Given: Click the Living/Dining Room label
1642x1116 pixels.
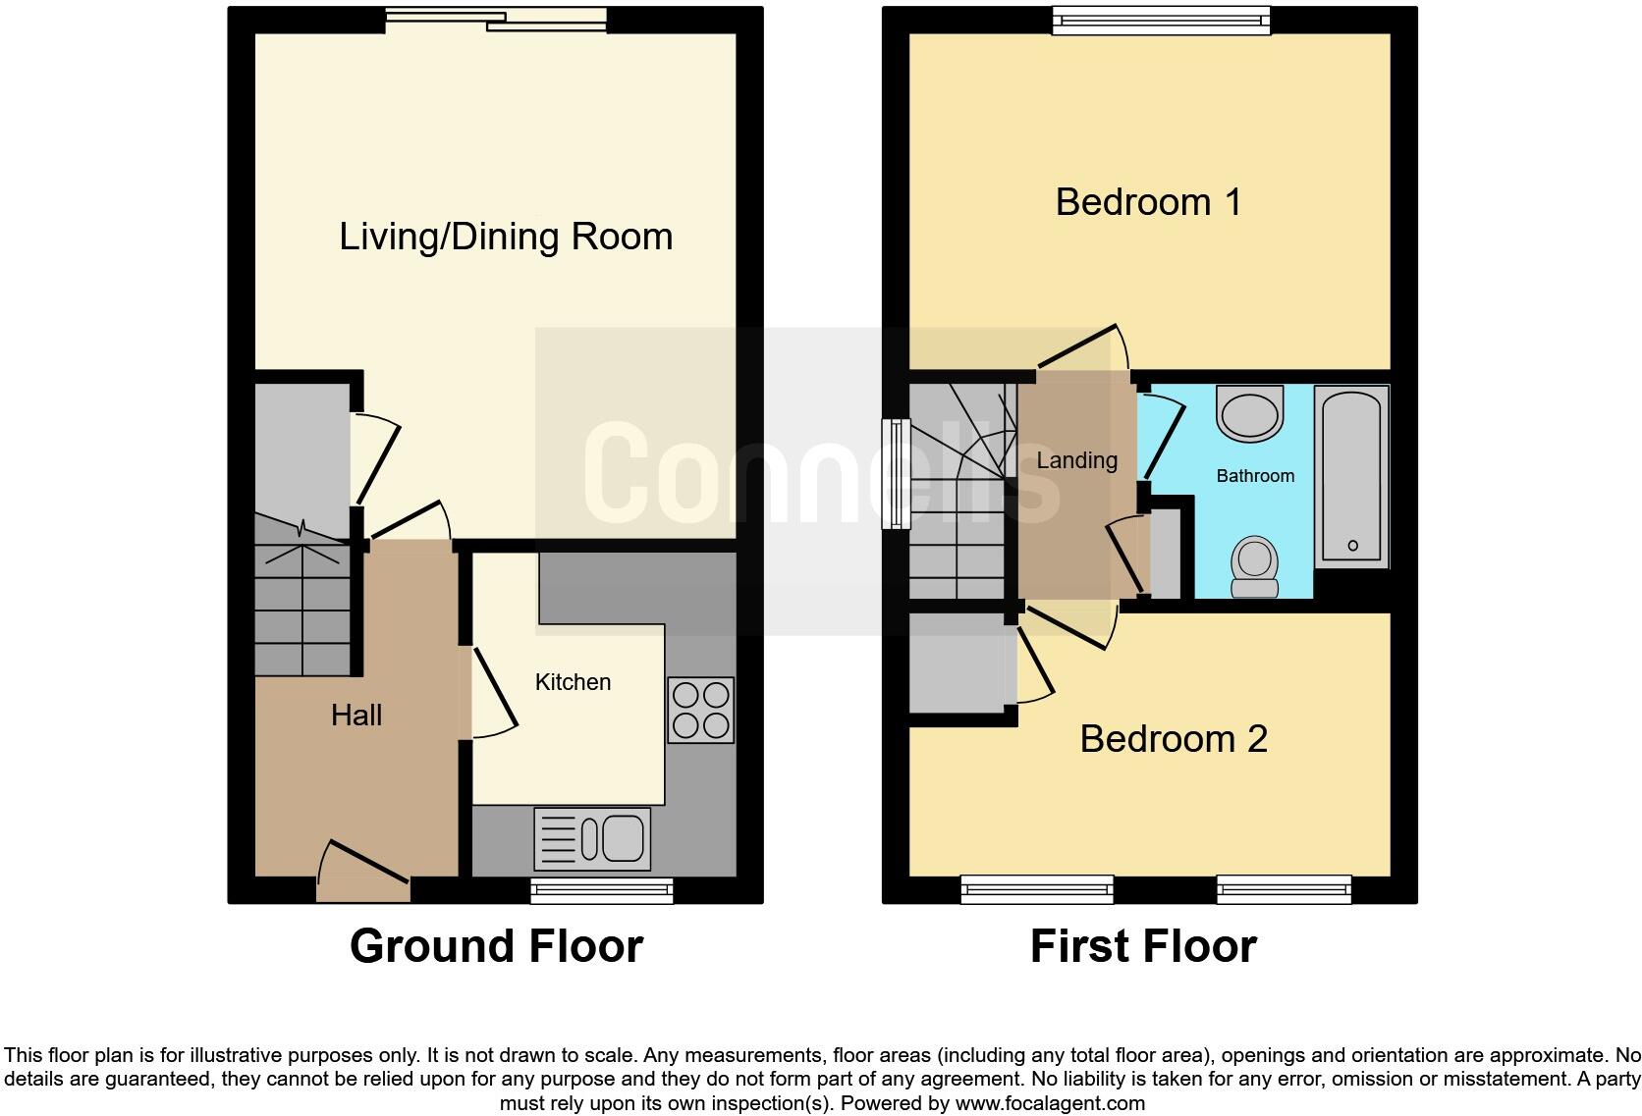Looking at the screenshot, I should coord(506,237).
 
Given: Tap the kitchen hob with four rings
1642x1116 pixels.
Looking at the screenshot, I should coord(700,710).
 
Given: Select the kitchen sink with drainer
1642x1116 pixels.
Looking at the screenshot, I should coord(592,838).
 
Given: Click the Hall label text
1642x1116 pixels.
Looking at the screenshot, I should coord(356,715).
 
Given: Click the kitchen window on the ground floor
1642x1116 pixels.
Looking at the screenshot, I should coord(602,889).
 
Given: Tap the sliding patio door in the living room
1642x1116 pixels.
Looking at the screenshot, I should coord(496,19).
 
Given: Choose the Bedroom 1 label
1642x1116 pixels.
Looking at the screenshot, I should coord(1148,202).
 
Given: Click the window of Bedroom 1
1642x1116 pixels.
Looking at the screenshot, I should coord(1161,21).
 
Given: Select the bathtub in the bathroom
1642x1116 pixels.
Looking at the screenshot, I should coord(1351,476).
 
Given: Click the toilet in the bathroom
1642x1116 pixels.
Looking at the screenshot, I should coord(1254,566).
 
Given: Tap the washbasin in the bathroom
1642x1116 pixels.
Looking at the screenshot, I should coord(1250,412).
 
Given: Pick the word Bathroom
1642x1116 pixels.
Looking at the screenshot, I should coord(1255,476).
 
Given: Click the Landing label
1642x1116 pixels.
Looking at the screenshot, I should coord(1077,460).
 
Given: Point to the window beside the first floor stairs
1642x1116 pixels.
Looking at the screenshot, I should coord(895,474).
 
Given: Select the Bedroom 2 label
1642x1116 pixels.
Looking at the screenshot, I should coord(1174,739).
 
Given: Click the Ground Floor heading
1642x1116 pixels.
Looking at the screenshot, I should coord(496,946).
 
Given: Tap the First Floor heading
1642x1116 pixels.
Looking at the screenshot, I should coord(1143,946).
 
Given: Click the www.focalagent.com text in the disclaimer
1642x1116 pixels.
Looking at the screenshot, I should coord(1050,1102).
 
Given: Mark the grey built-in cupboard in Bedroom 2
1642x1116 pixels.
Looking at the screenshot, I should coord(960,664).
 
